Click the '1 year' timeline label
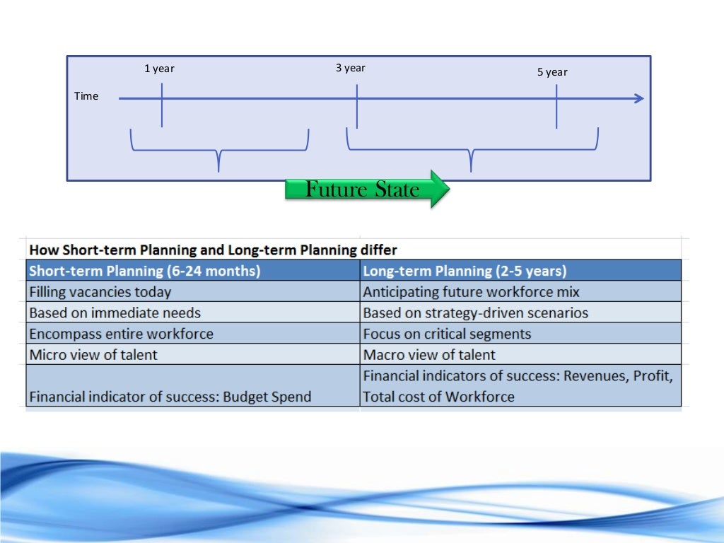[x=159, y=69]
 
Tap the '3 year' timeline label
[x=351, y=68]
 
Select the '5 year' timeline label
[x=552, y=72]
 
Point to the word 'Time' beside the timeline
[x=86, y=96]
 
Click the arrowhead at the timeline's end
[x=639, y=98]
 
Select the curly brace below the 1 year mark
[x=219, y=151]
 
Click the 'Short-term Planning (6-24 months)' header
[x=144, y=271]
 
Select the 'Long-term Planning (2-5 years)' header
[x=465, y=271]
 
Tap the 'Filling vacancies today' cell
[x=100, y=291]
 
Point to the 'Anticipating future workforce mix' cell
[x=471, y=291]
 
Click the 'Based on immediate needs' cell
[x=115, y=313]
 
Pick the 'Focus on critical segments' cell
[x=447, y=334]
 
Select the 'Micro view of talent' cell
[x=93, y=354]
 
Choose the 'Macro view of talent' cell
[x=429, y=354]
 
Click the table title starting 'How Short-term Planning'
[x=213, y=250]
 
